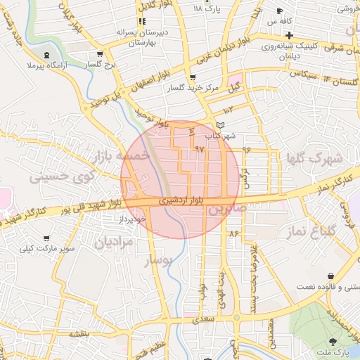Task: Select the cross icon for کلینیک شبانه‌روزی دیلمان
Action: click(x=289, y=35)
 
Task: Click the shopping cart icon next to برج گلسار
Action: click(x=100, y=53)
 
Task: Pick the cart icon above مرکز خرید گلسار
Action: click(x=193, y=77)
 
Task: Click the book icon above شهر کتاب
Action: click(x=222, y=124)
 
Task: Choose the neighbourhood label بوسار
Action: click(x=158, y=262)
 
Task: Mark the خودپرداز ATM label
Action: click(x=132, y=220)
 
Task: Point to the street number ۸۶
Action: click(x=234, y=233)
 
